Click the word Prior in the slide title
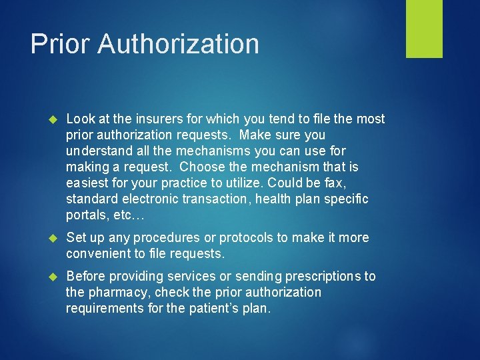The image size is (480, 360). [x=60, y=44]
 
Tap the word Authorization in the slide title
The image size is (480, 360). [x=178, y=44]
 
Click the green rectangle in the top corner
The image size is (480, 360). [x=424, y=29]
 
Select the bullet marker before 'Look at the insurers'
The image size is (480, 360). [x=55, y=119]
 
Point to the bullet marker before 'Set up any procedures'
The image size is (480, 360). [x=55, y=238]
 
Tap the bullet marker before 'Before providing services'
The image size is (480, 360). [x=55, y=277]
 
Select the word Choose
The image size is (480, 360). [x=201, y=167]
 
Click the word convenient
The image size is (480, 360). [x=99, y=253]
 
